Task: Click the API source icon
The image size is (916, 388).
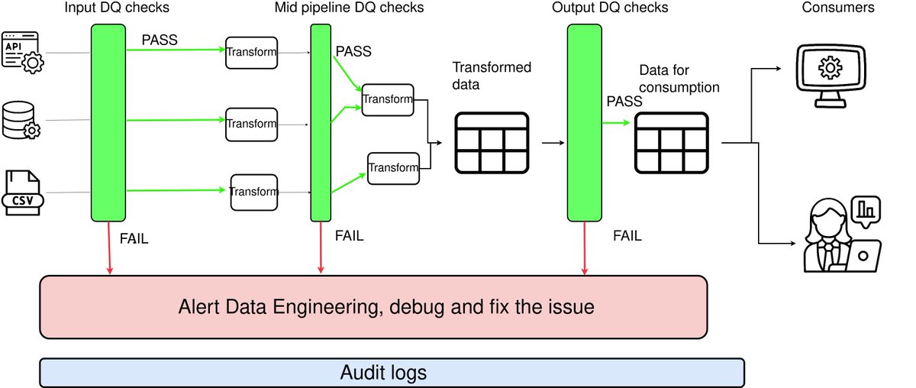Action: [22, 53]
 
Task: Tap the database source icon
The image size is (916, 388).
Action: [21, 121]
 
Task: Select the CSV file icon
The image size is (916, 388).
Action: [23, 192]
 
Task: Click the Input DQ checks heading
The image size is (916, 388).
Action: [117, 8]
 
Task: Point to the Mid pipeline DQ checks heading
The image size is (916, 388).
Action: [349, 8]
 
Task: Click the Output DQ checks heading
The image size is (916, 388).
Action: [610, 8]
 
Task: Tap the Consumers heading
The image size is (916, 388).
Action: [838, 8]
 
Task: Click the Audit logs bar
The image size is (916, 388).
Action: [392, 373]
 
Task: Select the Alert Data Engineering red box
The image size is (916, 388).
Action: [373, 307]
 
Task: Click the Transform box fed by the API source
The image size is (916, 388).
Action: [251, 53]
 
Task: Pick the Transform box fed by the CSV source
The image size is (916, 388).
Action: [254, 192]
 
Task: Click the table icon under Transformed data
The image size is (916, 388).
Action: [492, 143]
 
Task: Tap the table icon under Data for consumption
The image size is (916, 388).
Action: [672, 143]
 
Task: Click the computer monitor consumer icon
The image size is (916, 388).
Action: [831, 76]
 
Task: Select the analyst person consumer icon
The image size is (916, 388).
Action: [843, 234]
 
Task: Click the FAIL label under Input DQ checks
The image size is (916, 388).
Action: [134, 238]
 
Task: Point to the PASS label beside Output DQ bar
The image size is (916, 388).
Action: [624, 102]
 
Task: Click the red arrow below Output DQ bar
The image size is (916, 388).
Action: [585, 248]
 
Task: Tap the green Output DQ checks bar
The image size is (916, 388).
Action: [585, 123]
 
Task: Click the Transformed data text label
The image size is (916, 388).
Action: [492, 76]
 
